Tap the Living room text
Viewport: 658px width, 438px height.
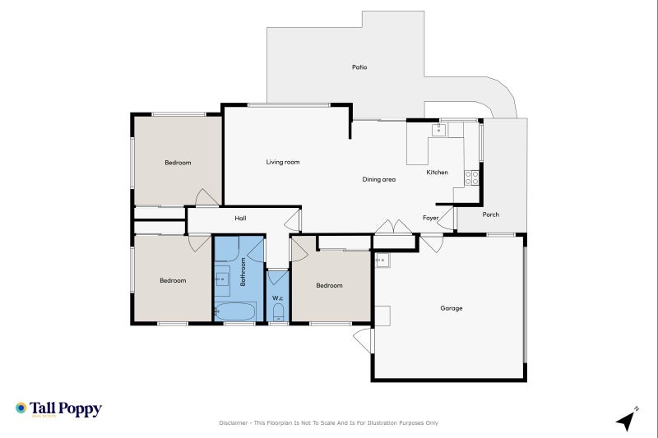282,163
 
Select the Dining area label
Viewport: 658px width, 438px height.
379,179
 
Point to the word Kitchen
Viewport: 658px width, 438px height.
437,173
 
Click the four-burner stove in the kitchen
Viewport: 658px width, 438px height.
472,176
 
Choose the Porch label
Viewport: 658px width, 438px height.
490,215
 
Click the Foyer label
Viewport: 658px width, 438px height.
430,219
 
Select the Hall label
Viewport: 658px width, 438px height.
240,219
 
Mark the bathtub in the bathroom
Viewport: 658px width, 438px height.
235,311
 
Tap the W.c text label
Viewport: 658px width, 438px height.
277,298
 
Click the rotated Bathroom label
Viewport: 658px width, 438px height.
243,271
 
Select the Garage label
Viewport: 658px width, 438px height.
451,309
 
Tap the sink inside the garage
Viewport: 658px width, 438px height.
382,260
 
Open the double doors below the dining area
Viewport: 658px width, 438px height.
396,227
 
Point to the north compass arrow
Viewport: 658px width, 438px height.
627,419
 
